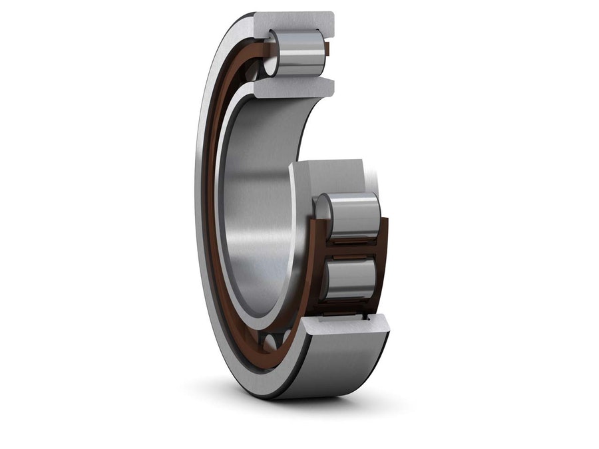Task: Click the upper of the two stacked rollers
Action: (x=353, y=214)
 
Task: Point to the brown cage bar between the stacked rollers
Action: (x=349, y=248)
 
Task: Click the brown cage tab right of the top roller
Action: (x=327, y=49)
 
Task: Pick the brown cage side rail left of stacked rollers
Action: (x=313, y=259)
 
